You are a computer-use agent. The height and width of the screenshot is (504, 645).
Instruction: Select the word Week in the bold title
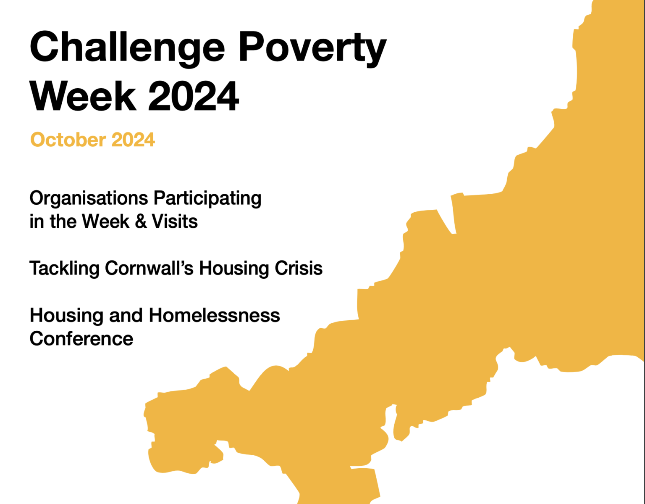(83, 96)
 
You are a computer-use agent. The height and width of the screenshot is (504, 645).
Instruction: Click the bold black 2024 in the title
(194, 96)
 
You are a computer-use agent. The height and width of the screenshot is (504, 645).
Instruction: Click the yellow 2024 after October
(133, 140)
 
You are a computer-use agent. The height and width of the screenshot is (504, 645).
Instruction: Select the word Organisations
(89, 198)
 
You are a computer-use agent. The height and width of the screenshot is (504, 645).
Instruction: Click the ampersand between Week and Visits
(141, 222)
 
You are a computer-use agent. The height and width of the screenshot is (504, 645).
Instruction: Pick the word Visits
(175, 222)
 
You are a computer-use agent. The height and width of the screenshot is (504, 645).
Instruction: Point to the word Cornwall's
(149, 268)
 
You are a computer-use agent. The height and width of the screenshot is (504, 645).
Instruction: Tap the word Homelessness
(214, 315)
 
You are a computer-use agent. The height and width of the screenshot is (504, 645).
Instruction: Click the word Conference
(81, 339)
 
